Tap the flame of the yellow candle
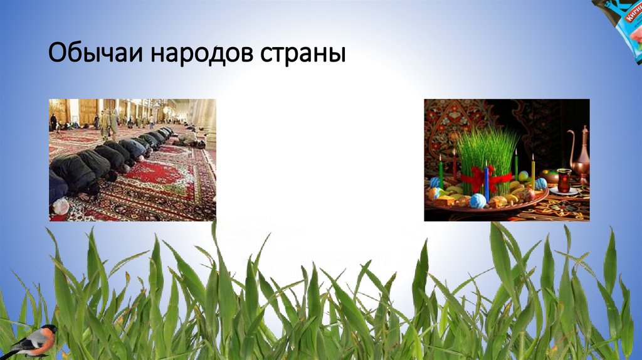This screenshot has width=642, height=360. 533,157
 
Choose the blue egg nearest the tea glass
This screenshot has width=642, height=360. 540,184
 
